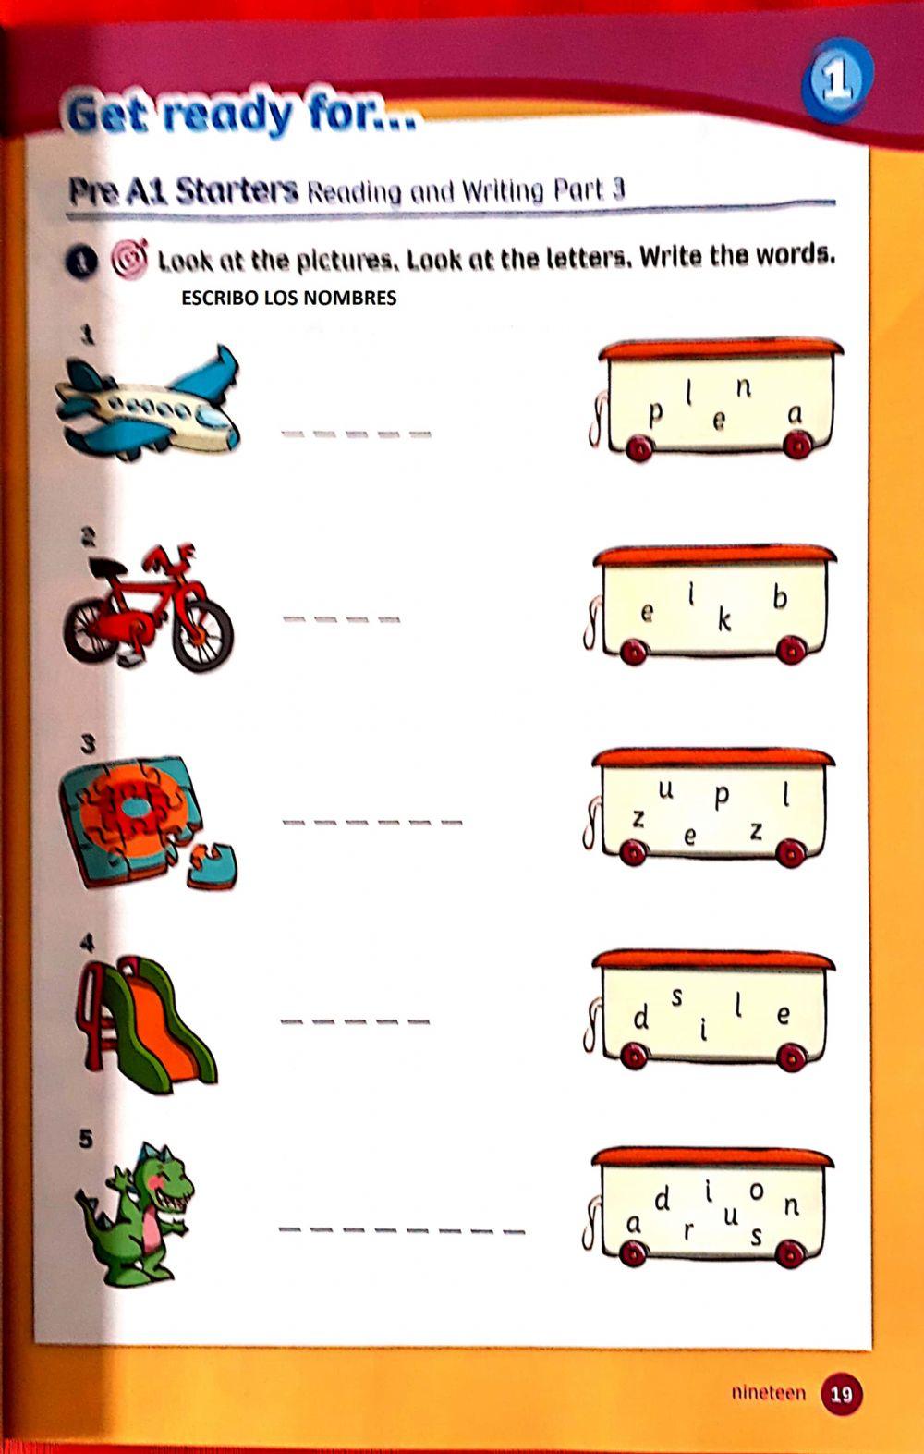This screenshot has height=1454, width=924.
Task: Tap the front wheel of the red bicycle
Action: click(x=202, y=636)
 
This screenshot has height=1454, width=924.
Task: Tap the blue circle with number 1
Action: click(x=836, y=81)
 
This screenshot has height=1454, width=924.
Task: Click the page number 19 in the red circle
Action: click(x=841, y=1392)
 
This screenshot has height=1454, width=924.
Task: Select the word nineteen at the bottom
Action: click(x=768, y=1392)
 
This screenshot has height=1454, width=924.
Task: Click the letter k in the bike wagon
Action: click(x=724, y=620)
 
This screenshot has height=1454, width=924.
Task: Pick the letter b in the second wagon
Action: click(x=780, y=598)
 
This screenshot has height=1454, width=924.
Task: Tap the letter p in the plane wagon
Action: click(x=655, y=414)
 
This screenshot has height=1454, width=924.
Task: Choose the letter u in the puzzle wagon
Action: click(x=665, y=791)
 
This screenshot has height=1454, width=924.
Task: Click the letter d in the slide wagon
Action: click(x=640, y=1019)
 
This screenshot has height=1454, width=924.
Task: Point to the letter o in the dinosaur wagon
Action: click(x=757, y=1191)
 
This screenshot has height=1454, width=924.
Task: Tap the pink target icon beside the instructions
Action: click(x=129, y=259)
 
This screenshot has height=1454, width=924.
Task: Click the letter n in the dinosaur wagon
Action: click(x=791, y=1205)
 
